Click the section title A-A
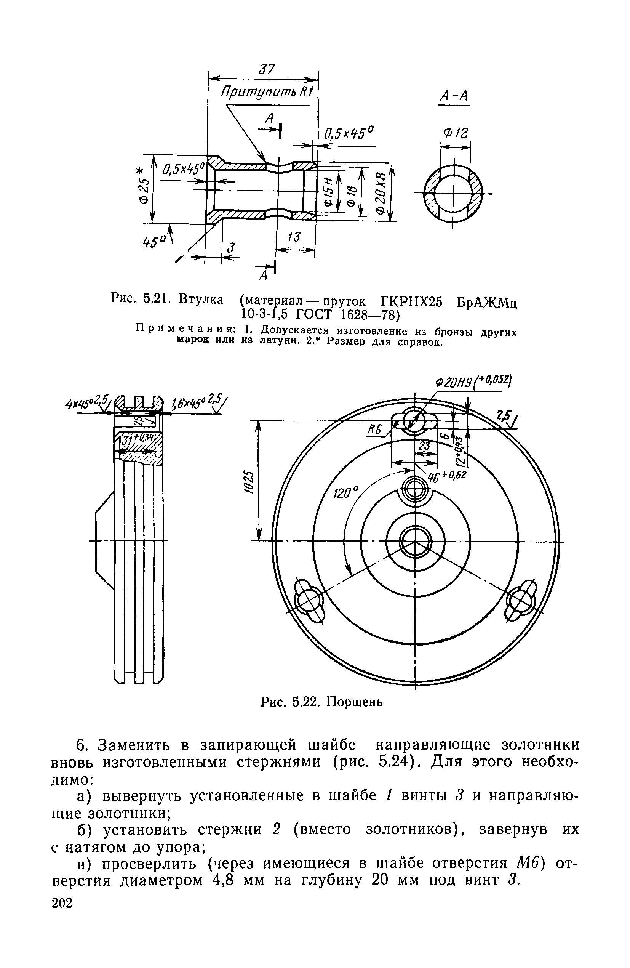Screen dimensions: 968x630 454,96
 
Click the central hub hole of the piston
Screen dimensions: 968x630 414,541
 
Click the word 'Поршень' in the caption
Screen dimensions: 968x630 355,702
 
